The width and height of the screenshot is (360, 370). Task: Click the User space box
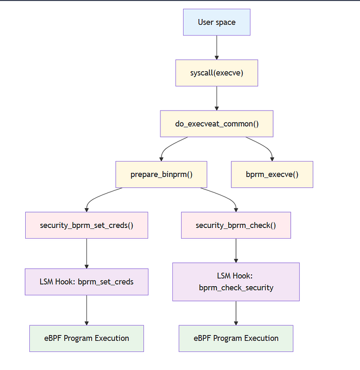[x=217, y=22]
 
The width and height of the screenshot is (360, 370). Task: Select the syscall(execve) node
[x=217, y=73]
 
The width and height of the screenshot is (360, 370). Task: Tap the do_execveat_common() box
[x=217, y=124]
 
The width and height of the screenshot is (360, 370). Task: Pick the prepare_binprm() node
[x=161, y=174]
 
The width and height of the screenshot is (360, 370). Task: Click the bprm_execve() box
[x=272, y=174]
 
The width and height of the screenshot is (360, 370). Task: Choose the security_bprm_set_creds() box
[x=86, y=225]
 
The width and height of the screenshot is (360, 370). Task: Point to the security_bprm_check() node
[x=236, y=225]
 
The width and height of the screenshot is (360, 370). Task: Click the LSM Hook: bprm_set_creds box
[x=86, y=281]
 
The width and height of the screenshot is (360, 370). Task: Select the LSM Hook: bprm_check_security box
[x=236, y=281]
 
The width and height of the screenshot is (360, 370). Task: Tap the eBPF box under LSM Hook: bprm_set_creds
[x=86, y=338]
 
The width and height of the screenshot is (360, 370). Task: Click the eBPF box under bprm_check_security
[x=236, y=338]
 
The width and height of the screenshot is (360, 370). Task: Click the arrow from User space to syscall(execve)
[x=217, y=47]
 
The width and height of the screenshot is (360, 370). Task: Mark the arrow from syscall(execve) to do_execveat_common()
[x=217, y=98]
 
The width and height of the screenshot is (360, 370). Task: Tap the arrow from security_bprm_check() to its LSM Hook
[x=236, y=250]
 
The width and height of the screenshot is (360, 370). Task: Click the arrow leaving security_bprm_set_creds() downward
[x=86, y=253]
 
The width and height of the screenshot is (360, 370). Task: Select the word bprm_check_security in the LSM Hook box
[x=236, y=288]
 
